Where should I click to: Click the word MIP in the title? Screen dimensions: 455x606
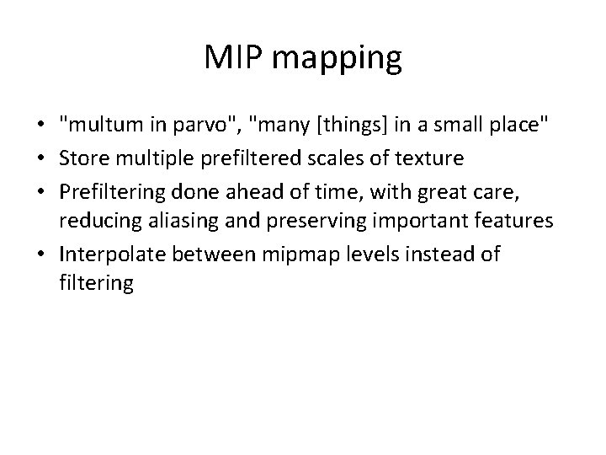click(x=233, y=59)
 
